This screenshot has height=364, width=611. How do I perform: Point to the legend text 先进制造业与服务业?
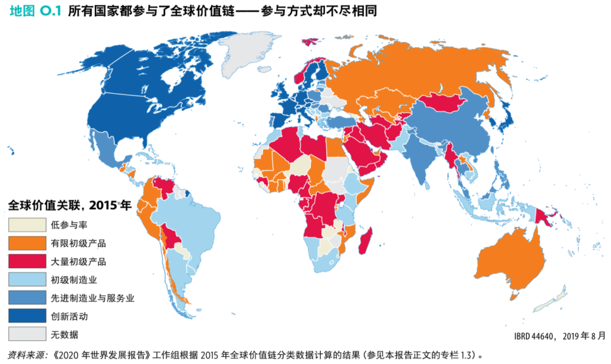(92, 298)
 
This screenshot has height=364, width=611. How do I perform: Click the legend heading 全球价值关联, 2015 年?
(69, 205)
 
